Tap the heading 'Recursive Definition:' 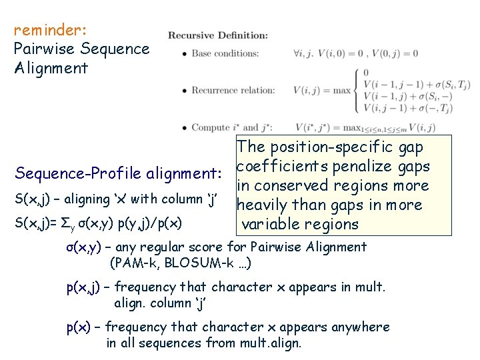218,35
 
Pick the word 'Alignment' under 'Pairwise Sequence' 51,67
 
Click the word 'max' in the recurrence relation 342,90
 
